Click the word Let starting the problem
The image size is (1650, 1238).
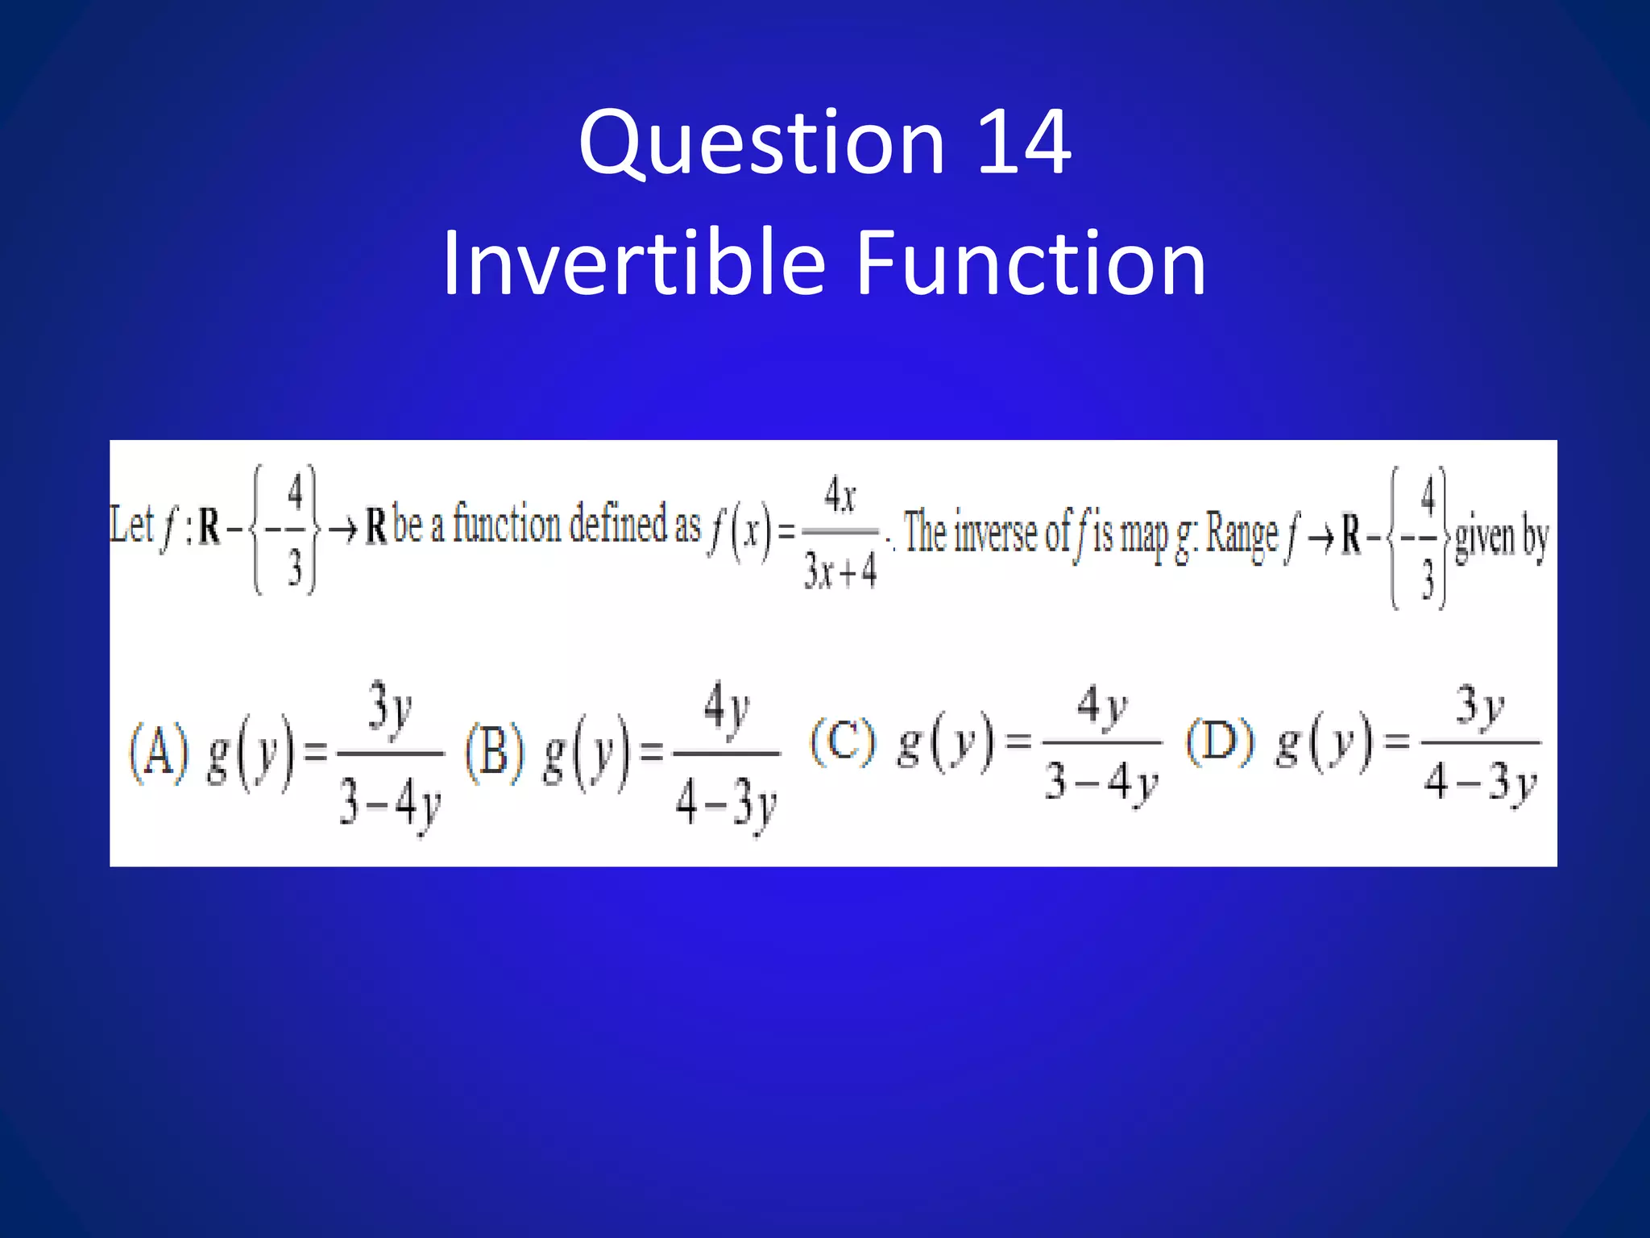pos(131,525)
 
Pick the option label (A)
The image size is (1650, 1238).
pos(159,752)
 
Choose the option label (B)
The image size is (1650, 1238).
pos(495,752)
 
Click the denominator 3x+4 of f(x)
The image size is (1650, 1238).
pos(840,571)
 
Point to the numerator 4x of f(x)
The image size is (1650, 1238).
pos(840,495)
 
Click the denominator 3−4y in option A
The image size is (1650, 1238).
pos(390,803)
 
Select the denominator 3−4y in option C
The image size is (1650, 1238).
pos(1101,782)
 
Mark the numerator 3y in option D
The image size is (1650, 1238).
pos(1479,707)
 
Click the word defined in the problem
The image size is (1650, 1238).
pos(618,524)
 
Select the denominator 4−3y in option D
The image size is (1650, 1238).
pos(1479,782)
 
